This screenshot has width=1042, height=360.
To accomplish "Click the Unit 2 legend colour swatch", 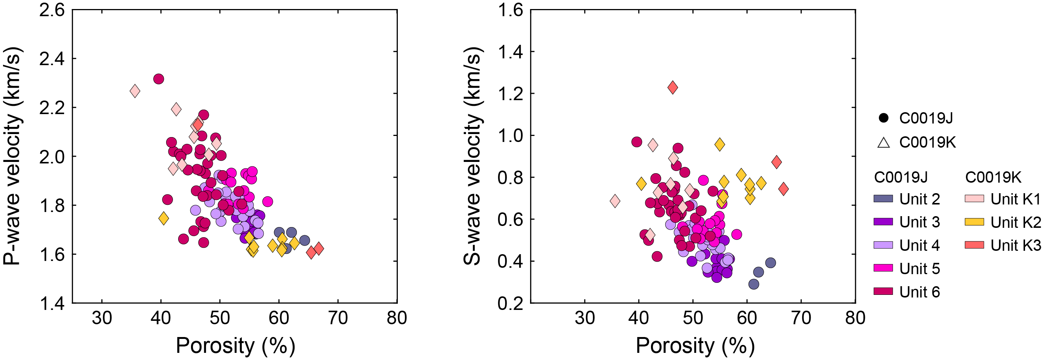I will (x=883, y=198).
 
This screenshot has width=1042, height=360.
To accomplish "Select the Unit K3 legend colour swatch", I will (x=974, y=245).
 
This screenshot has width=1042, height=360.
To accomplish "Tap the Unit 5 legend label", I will (x=920, y=268).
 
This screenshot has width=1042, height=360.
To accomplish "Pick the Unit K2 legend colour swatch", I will (x=974, y=222).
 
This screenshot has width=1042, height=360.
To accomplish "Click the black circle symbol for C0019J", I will (x=883, y=118).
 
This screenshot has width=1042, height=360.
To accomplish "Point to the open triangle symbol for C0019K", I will (x=883, y=143).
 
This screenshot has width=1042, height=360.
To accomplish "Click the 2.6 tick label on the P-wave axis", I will (x=52, y=10).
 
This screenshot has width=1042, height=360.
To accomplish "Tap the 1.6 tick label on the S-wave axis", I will (x=510, y=10).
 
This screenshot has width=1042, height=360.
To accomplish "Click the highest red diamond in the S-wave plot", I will (x=673, y=87).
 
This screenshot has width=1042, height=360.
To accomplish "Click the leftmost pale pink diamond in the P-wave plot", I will (x=135, y=92).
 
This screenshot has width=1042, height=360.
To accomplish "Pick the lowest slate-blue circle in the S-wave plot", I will (x=753, y=284).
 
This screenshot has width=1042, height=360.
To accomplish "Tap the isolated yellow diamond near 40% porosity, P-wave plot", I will (x=163, y=218).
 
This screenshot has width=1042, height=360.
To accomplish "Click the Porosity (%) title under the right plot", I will (x=695, y=346).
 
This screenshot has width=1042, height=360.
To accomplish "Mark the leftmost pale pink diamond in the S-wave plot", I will (x=615, y=201).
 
